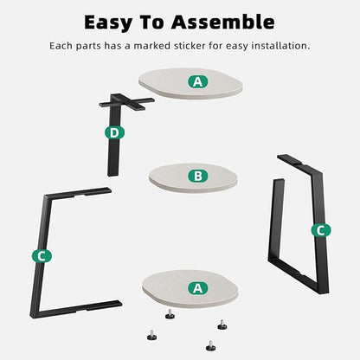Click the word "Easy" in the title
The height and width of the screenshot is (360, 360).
point(108,23)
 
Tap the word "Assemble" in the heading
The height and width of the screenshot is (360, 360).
point(223,22)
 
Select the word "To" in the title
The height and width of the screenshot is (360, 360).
point(151,22)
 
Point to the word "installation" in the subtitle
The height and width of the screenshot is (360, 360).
point(279,46)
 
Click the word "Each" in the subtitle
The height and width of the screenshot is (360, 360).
point(61,46)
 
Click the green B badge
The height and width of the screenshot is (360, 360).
point(198,176)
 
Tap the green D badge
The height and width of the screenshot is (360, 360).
point(114,133)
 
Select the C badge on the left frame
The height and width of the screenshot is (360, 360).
point(42,256)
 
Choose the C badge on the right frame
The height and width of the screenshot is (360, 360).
point(321,230)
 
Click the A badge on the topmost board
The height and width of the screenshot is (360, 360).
point(198,82)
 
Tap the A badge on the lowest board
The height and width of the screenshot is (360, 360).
point(198,288)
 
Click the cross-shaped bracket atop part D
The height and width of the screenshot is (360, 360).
point(127,102)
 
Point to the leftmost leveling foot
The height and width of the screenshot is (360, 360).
point(151,335)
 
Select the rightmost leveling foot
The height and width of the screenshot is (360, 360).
point(222,325)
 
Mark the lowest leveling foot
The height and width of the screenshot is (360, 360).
point(211,345)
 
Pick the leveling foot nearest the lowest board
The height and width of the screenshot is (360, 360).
point(170,314)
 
